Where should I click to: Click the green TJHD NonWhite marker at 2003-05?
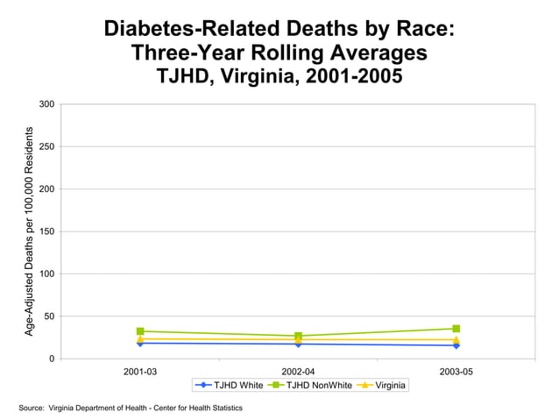point(456,329)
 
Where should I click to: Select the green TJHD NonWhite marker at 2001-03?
point(140,331)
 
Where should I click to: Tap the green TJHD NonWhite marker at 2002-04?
point(298,336)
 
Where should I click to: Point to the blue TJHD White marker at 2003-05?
point(456,345)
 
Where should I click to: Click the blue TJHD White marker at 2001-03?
point(140,343)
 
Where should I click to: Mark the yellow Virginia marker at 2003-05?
point(456,339)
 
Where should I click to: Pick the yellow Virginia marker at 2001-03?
point(140,338)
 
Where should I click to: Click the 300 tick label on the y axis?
point(46,104)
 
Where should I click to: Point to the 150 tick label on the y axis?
point(46,231)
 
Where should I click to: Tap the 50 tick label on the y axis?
point(49,316)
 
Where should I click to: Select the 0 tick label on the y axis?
point(52,359)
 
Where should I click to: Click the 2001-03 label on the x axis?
point(140,372)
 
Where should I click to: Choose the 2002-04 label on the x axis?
point(298,372)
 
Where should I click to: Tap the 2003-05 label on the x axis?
point(456,372)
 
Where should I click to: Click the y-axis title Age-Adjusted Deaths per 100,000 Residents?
point(29,231)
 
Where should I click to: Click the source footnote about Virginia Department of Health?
point(131,408)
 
